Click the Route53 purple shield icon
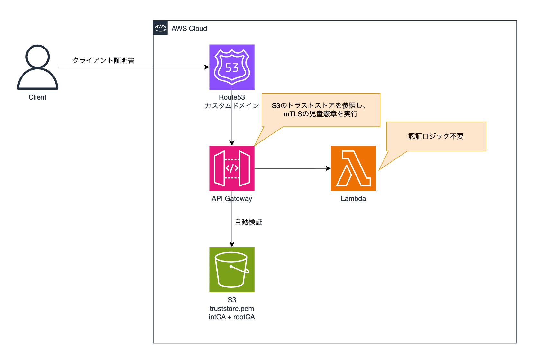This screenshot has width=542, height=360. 232,67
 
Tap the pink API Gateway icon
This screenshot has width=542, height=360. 232,168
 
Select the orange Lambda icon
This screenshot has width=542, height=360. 353,168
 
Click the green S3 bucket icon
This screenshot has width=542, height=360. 232,269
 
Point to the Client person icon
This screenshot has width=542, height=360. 38,67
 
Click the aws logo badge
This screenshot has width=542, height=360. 160,28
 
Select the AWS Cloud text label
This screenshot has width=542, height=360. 189,29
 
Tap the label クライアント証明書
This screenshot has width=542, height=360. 104,60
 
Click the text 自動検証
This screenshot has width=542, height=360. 248,222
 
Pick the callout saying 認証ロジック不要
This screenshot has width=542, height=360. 436,136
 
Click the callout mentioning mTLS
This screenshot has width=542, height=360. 321,110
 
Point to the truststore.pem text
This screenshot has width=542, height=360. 232,309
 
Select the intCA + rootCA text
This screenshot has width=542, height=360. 232,317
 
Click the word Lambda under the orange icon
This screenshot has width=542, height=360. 353,199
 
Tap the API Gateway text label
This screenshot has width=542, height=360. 232,199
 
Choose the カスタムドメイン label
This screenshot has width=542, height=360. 232,106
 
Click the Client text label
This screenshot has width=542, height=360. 38,97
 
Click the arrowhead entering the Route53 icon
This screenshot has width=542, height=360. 207,67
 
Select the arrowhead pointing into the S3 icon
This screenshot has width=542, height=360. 232,244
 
